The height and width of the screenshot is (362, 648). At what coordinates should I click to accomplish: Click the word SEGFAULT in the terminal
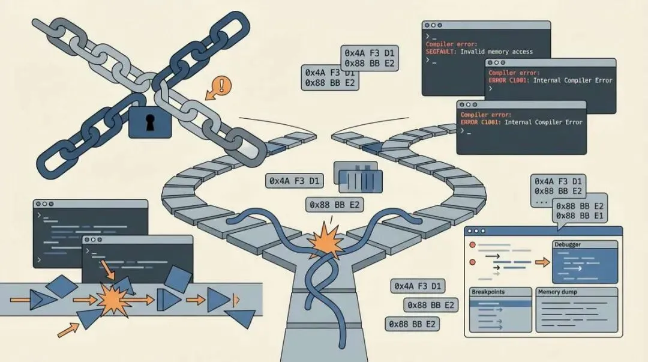pos(441,52)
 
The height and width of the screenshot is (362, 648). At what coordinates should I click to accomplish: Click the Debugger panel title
pos(569,245)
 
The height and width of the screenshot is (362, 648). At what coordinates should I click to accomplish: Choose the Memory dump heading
pos(558,292)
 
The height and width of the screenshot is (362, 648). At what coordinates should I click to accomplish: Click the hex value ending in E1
pos(580,216)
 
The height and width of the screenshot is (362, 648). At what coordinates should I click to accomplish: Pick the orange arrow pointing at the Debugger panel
pos(542,262)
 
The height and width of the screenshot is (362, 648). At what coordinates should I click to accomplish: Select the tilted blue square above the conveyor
pos(178,279)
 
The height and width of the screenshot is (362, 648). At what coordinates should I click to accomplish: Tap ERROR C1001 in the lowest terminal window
pos(481,122)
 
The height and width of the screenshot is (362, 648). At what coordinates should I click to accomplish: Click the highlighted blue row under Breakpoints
pos(500,303)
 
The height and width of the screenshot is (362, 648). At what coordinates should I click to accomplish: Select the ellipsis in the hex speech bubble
pos(541,202)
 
